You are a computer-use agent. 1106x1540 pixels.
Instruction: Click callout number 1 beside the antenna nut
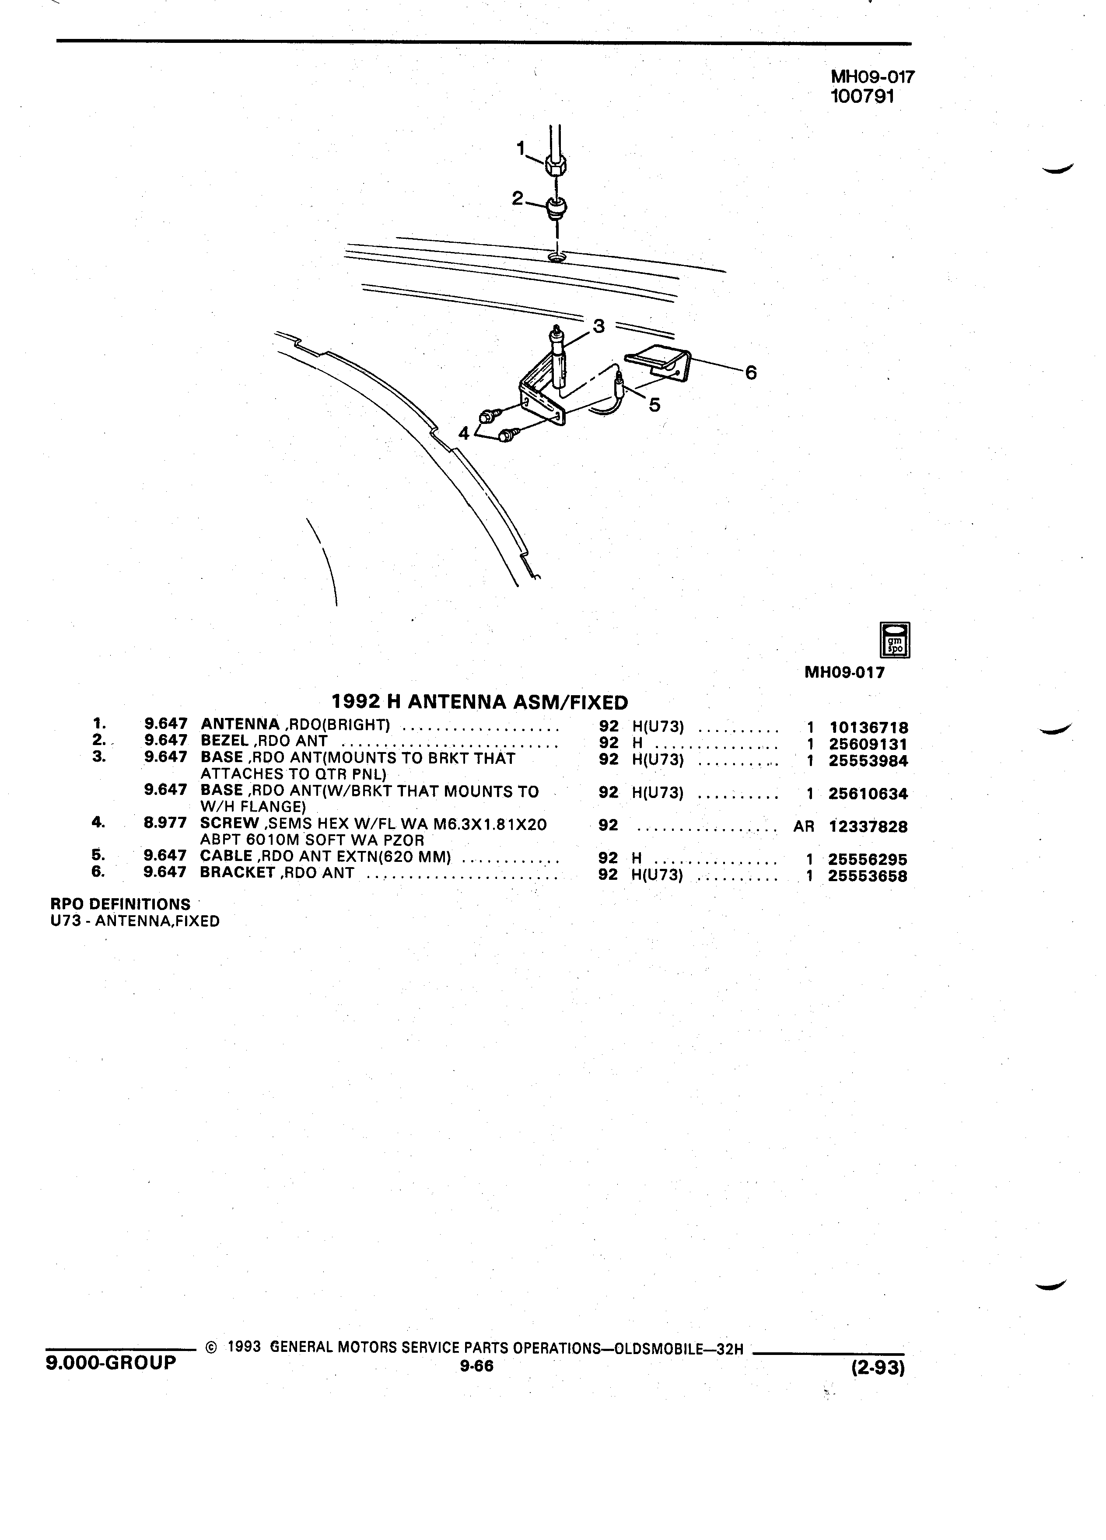pos(521,147)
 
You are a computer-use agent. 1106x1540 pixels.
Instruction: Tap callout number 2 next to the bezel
pos(518,198)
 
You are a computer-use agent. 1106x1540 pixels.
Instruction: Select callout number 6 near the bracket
pos(750,372)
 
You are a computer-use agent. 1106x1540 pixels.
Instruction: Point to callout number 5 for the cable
pos(654,405)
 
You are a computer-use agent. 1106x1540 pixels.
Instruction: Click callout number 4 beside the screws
pos(464,433)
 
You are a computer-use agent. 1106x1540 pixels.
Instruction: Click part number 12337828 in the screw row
pos(868,826)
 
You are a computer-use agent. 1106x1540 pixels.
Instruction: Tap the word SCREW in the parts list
pos(230,824)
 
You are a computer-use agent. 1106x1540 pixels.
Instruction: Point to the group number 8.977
pos(165,824)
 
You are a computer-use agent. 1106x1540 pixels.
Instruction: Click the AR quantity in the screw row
pos(803,826)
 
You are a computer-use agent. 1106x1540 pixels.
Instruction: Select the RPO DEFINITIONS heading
pos(121,904)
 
